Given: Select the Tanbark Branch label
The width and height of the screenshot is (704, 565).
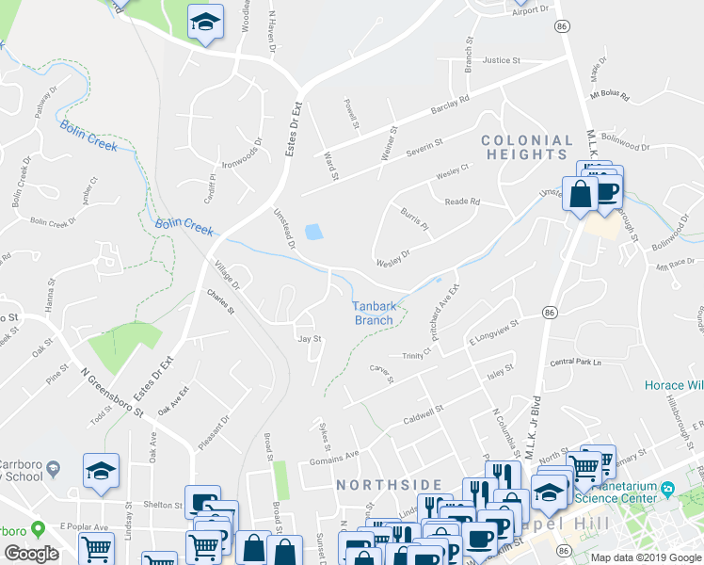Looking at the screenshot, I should pos(373,313).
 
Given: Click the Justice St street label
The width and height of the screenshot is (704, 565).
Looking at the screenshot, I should pos(501,60).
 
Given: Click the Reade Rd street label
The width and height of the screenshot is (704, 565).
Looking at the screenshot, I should pos(462,202).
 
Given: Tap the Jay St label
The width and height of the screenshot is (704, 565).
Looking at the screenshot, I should pos(310,339).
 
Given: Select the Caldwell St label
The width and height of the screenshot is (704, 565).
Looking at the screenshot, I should pos(422,415).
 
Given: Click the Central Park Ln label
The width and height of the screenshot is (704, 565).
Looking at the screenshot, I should pos(575,362).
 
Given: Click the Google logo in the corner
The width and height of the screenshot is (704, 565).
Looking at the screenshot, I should pos(31,554).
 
